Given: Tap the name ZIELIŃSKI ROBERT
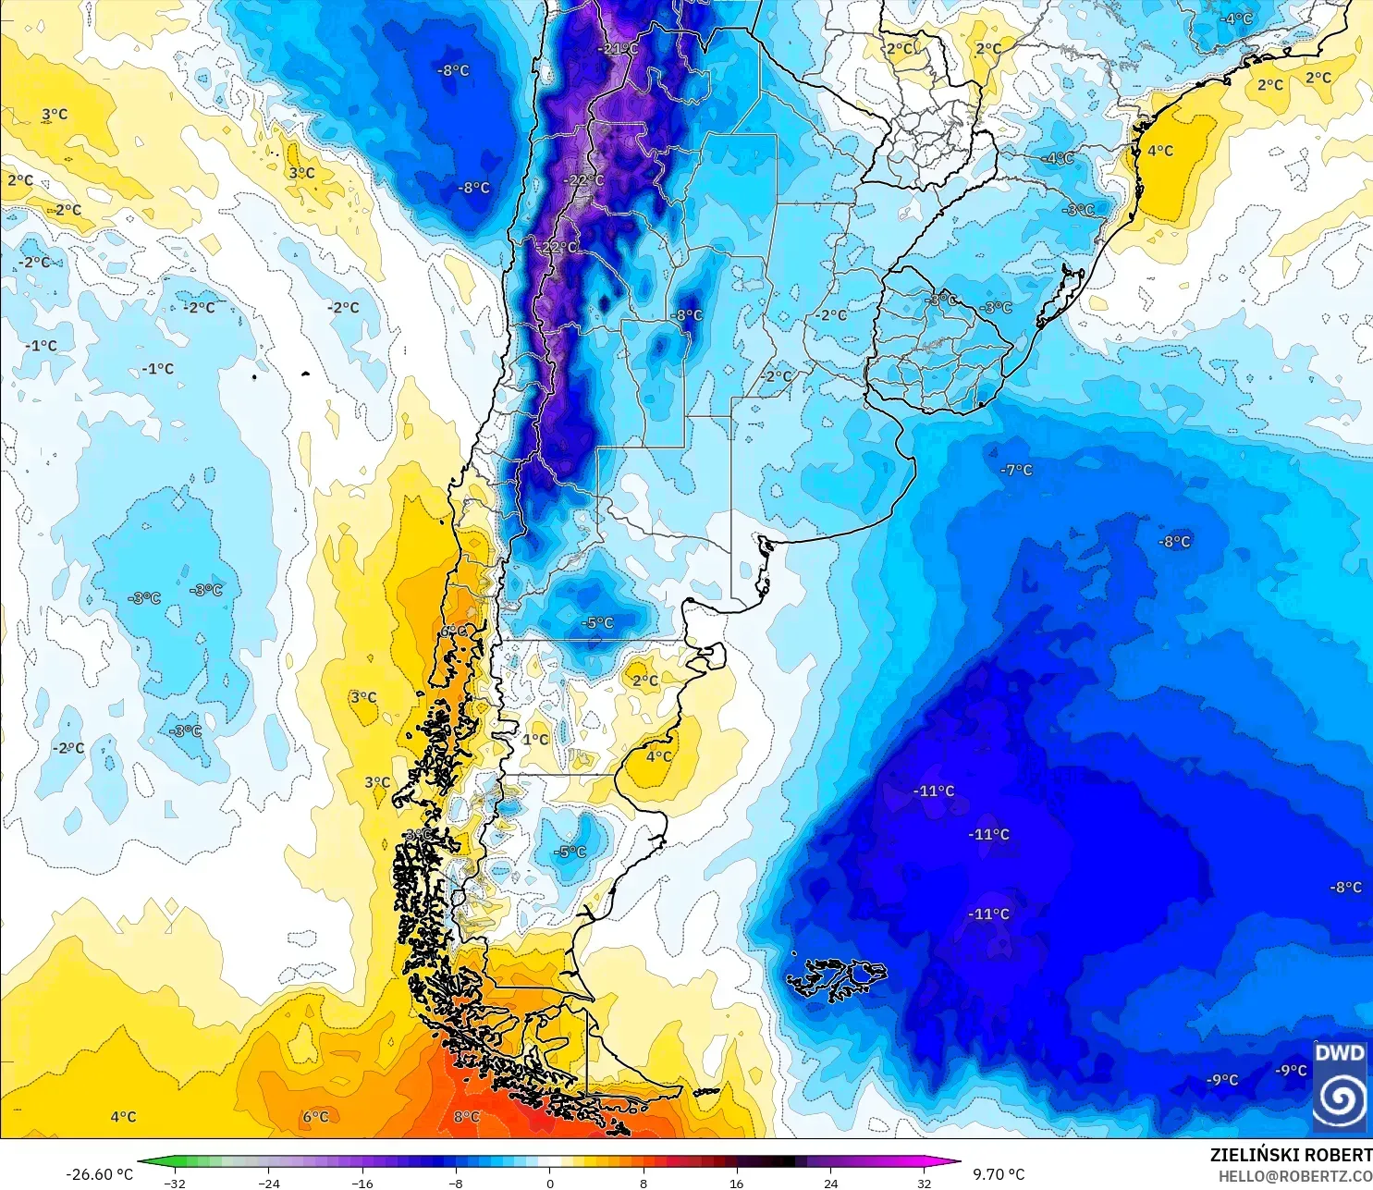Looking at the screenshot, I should tap(1291, 1155).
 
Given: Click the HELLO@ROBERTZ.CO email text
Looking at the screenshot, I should tap(1294, 1176).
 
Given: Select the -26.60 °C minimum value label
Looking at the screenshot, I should tap(99, 1174).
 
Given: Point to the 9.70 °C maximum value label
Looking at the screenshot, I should tap(999, 1174).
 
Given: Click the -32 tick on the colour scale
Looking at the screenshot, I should tap(175, 1183).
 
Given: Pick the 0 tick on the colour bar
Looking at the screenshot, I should tap(549, 1183).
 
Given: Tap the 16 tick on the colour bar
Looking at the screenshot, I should tap(736, 1183).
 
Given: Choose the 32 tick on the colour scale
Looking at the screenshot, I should tap(924, 1183).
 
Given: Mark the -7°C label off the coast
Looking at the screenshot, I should tap(1016, 470).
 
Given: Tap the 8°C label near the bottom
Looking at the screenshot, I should tap(467, 1117).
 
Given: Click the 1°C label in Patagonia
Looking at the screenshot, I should tap(535, 739).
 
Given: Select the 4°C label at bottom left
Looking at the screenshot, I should tap(123, 1117).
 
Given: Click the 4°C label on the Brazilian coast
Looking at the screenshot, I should tap(1160, 151).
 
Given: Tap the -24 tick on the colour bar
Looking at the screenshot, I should tap(268, 1183).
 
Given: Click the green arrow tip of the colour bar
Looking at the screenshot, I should tap(144, 1162).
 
